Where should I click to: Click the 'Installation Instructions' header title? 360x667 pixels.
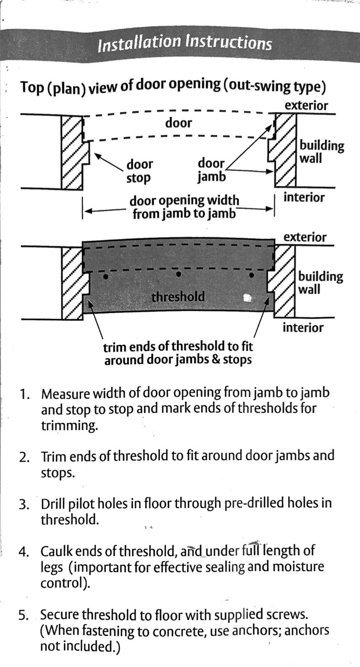pyautogui.click(x=184, y=43)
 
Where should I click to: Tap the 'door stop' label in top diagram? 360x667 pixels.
pyautogui.click(x=140, y=171)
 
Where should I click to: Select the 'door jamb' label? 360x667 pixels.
pyautogui.click(x=212, y=170)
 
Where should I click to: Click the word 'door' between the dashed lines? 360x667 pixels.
pyautogui.click(x=179, y=123)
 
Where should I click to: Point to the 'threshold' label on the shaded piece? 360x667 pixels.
pyautogui.click(x=178, y=297)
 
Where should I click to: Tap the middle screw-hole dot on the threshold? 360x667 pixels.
pyautogui.click(x=179, y=274)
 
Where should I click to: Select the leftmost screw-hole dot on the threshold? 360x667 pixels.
pyautogui.click(x=106, y=277)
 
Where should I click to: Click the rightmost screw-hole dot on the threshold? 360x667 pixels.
pyautogui.click(x=252, y=275)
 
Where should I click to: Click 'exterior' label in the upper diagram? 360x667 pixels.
pyautogui.click(x=306, y=106)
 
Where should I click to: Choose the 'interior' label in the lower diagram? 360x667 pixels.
pyautogui.click(x=303, y=328)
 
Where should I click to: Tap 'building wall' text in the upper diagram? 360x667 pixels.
pyautogui.click(x=321, y=152)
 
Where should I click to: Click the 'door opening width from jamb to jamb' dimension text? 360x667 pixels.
pyautogui.click(x=184, y=207)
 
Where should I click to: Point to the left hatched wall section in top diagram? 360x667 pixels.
pyautogui.click(x=72, y=151)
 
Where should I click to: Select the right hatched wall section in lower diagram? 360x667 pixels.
pyautogui.click(x=283, y=281)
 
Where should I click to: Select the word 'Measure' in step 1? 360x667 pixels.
pyautogui.click(x=65, y=393)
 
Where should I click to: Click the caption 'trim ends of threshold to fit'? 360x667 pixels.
pyautogui.click(x=178, y=347)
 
